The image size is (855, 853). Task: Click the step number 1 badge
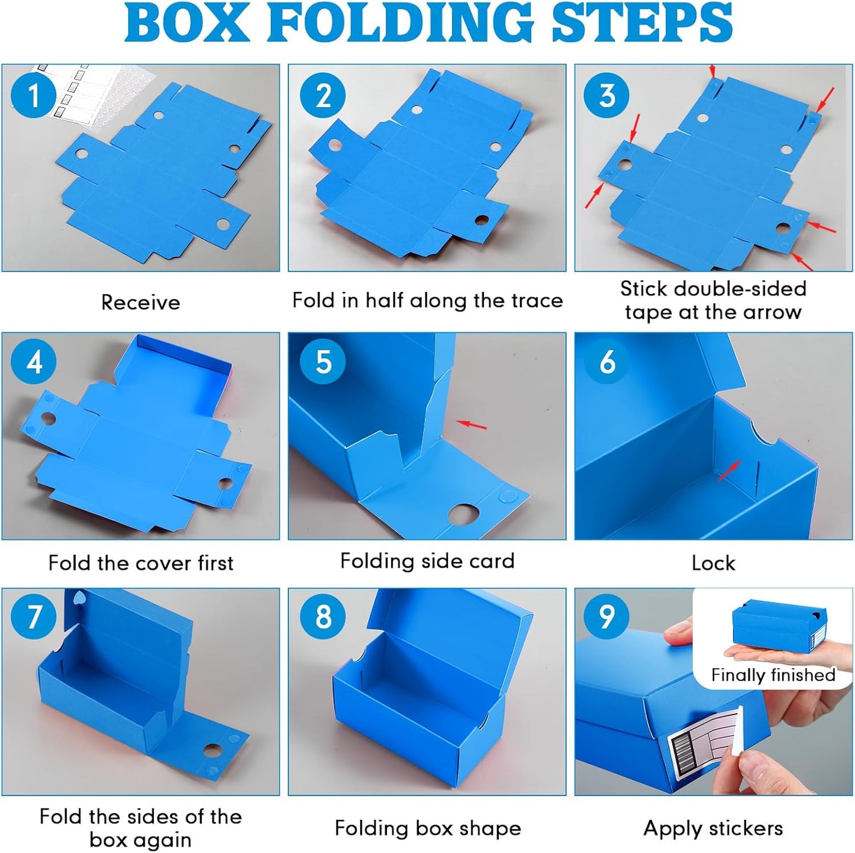point(33,95)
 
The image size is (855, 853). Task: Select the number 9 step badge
point(606,616)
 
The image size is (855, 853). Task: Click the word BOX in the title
point(187,22)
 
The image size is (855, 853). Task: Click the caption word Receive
point(141,302)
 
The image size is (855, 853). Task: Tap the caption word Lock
point(713,563)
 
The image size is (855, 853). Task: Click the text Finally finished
point(773,674)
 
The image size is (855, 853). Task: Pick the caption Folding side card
point(427,561)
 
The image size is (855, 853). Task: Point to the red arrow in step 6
point(728,471)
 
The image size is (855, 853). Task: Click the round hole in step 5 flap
point(463,516)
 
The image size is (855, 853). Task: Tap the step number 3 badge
point(606,95)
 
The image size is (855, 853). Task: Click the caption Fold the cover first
point(141,563)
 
